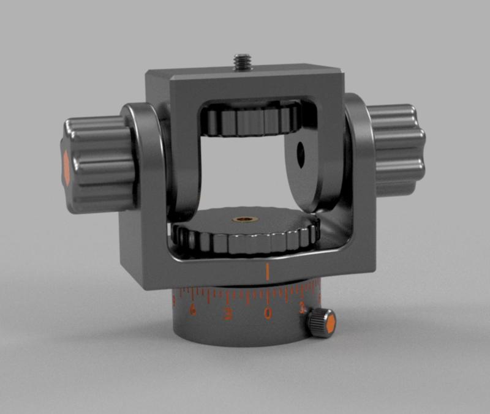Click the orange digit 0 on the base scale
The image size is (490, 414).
pos(268,314)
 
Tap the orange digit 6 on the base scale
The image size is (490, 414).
pos(192,310)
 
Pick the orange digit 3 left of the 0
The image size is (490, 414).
pos(228,314)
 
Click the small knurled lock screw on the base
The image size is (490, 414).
pos(320,321)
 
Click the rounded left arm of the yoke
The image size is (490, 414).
pos(147,159)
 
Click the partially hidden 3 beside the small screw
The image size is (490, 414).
pos(303,310)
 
